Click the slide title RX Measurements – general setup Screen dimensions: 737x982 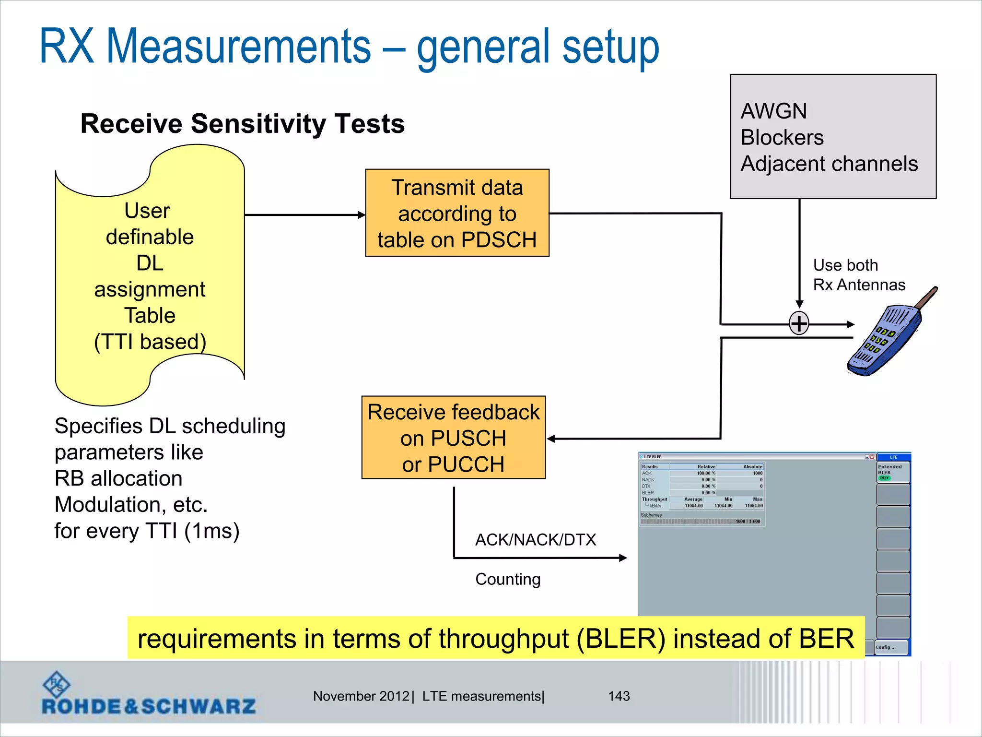click(x=349, y=47)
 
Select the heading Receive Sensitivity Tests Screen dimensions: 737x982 click(x=242, y=124)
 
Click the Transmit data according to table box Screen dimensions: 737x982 click(x=457, y=213)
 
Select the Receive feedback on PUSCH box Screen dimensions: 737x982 click(x=453, y=438)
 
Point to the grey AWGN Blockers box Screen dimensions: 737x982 click(x=833, y=137)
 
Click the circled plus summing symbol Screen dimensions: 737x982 click(x=799, y=323)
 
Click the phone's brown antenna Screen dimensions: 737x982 click(x=926, y=297)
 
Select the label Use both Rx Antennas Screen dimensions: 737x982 click(x=858, y=275)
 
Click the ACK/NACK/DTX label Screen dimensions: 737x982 click(x=536, y=540)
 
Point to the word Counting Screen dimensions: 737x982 click(x=508, y=579)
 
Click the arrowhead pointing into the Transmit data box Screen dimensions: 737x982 click(x=362, y=215)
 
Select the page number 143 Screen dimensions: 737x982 click(x=619, y=696)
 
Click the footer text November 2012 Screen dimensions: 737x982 click(x=361, y=696)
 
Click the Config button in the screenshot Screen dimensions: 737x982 click(x=891, y=647)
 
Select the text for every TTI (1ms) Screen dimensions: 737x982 click(x=147, y=531)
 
